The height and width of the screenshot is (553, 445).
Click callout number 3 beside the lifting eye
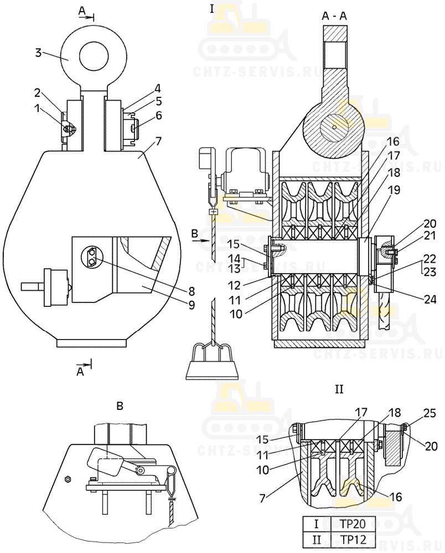(x=38, y=53)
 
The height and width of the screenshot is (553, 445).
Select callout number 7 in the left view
(x=158, y=142)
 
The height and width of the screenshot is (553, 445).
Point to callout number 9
(x=192, y=305)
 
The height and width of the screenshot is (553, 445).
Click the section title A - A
(x=334, y=16)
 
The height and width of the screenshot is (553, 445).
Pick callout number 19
(x=394, y=190)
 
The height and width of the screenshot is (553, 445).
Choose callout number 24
(x=430, y=300)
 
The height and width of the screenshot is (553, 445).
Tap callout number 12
(x=234, y=285)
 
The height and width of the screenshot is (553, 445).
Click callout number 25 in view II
(x=430, y=413)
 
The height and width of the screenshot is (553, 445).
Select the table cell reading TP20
(x=353, y=524)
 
